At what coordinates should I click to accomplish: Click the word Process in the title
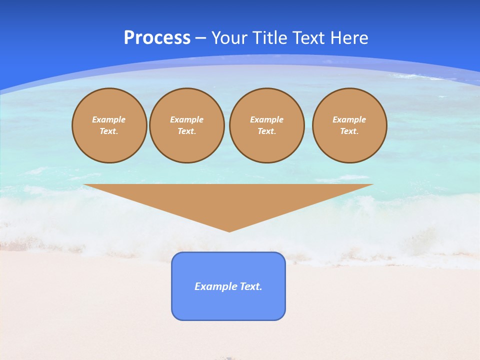157,38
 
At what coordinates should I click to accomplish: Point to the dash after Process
200,38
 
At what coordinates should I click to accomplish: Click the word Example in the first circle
109,119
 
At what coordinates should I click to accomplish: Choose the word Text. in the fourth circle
349,131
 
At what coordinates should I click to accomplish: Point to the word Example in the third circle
267,119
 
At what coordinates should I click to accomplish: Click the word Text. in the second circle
187,131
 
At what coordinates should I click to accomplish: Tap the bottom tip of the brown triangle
229,231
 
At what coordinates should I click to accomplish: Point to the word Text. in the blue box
251,286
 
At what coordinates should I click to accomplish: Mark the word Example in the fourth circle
349,119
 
